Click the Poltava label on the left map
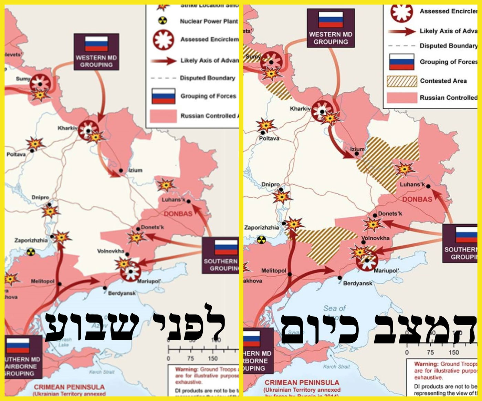(16, 154)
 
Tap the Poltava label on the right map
(269, 138)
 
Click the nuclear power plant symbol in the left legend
(163, 21)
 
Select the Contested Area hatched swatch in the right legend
(402, 81)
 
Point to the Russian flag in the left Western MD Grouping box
(96, 44)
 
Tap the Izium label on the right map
(357, 149)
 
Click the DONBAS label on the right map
(417, 199)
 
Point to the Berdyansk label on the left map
(122, 293)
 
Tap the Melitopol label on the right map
(274, 270)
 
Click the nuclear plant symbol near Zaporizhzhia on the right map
(262, 240)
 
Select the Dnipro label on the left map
(40, 197)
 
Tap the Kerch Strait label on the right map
(336, 367)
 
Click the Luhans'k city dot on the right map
(428, 186)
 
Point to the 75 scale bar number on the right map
(430, 352)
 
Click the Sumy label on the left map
(23, 79)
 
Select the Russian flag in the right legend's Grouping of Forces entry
(401, 62)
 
